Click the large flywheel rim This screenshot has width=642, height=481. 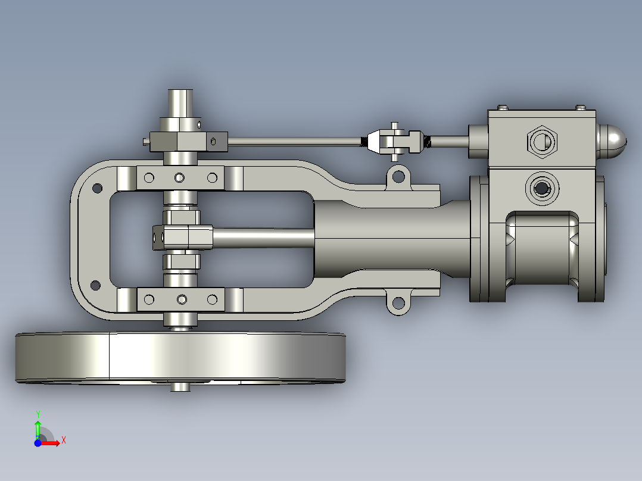tap(179, 357)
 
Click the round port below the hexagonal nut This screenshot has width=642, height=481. tap(542, 188)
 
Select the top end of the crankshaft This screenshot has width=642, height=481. tap(180, 101)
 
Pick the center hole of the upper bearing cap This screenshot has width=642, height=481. tap(180, 177)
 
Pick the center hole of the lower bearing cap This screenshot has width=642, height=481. tap(180, 298)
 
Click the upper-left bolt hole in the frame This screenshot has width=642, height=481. tap(95, 189)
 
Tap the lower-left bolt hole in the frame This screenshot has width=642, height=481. tap(95, 285)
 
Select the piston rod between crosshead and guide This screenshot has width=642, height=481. tap(262, 237)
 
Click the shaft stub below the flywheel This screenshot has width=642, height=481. tap(180, 387)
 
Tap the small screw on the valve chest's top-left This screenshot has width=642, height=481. tap(504, 107)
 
